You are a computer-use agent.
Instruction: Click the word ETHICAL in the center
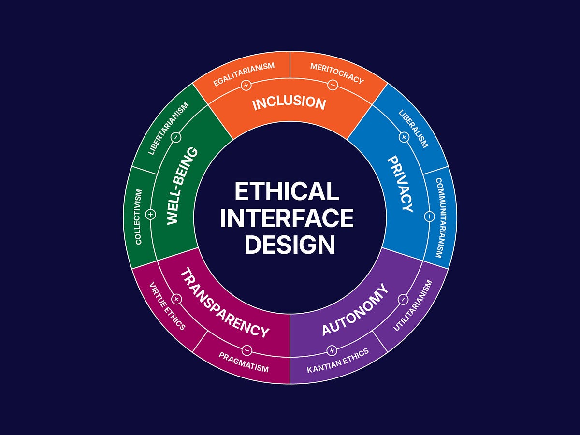(x=287, y=191)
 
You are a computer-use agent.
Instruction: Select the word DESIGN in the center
(x=290, y=245)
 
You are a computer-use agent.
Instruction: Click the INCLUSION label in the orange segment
(x=289, y=103)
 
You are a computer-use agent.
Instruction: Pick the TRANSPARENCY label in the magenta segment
(x=224, y=304)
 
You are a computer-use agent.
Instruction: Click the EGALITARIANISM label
(x=244, y=74)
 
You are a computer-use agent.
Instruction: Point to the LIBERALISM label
(x=413, y=129)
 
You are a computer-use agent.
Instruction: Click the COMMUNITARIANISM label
(x=439, y=217)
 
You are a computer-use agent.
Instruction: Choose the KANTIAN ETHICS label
(x=338, y=361)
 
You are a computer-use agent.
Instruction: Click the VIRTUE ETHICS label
(x=167, y=306)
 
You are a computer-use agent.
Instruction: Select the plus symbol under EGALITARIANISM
(x=246, y=86)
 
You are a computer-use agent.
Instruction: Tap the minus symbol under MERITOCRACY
(x=333, y=85)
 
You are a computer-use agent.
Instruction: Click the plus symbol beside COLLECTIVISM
(x=150, y=214)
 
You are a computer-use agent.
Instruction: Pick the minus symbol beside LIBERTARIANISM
(x=176, y=137)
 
